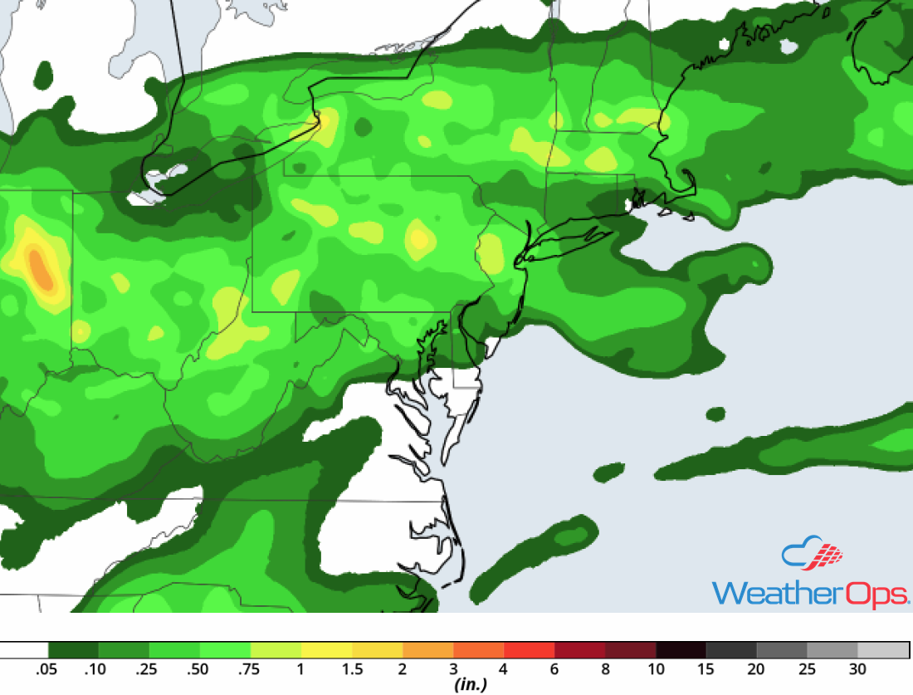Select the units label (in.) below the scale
click(x=471, y=685)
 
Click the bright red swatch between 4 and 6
click(x=529, y=649)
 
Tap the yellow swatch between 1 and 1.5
click(x=326, y=649)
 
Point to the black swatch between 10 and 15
click(x=681, y=649)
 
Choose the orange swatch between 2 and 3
click(x=427, y=649)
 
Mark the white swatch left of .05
click(x=25, y=649)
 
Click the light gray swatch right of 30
click(x=883, y=649)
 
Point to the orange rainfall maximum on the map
click(x=40, y=267)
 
